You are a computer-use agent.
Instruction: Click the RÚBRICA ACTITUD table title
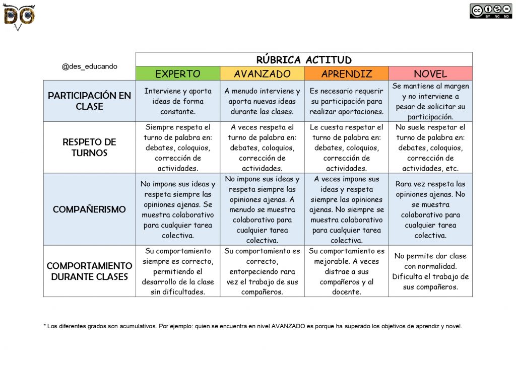click(304, 60)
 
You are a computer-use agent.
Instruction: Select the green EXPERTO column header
click(177, 74)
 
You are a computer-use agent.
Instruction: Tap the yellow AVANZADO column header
click(262, 74)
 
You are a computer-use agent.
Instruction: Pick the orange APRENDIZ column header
click(346, 74)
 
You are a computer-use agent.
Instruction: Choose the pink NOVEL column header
click(430, 74)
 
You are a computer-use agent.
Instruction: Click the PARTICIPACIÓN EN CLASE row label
click(89, 101)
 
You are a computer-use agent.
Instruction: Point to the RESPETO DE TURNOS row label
click(89, 148)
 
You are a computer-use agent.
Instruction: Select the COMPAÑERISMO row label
click(89, 209)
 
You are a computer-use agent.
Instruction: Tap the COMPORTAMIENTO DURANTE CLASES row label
click(89, 271)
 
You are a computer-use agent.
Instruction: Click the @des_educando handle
click(89, 66)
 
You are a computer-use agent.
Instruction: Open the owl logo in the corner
click(19, 16)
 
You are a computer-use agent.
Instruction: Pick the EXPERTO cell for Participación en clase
click(177, 101)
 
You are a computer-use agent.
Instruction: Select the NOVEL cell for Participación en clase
click(430, 101)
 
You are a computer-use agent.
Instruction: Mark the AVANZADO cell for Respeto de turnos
click(262, 148)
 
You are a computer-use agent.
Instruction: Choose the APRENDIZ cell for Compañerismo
click(346, 209)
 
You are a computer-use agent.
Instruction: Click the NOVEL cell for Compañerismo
click(430, 209)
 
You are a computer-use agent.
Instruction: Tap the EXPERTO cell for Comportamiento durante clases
click(177, 271)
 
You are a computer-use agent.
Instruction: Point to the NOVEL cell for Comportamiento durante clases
click(430, 271)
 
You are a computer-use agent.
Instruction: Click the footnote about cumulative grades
click(252, 326)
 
